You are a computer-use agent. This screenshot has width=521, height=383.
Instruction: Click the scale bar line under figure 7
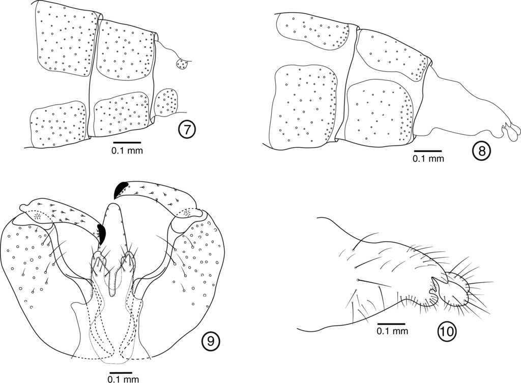pos(127,142)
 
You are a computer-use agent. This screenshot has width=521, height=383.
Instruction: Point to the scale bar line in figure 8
pos(428,151)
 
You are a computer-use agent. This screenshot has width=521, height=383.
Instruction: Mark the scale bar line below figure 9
pos(121,373)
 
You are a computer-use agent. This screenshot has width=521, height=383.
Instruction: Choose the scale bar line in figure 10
pos(391,323)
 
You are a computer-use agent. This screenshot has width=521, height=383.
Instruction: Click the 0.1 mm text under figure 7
pos(127,151)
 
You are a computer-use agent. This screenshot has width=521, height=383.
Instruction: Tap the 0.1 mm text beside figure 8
pos(428,159)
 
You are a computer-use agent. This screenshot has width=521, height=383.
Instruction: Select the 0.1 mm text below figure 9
pos(123,379)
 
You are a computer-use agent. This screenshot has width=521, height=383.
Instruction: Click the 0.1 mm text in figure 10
pos(392,331)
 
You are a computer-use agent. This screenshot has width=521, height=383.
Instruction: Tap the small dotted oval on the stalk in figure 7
pos(182,64)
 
